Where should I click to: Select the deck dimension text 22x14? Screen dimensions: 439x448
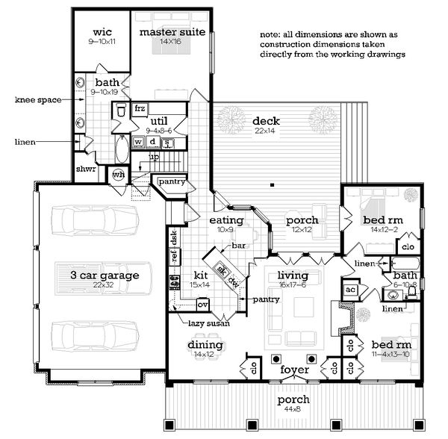265,131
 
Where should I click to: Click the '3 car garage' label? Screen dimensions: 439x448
106,275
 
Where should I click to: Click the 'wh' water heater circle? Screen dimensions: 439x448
118,175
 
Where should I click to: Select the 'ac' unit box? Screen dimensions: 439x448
350,289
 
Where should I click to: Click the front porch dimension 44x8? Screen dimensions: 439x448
291,410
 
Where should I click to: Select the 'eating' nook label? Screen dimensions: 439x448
226,220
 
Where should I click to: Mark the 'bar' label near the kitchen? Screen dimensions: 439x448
239,245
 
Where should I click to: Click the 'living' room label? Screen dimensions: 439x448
292,275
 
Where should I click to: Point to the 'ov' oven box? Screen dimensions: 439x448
202,304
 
